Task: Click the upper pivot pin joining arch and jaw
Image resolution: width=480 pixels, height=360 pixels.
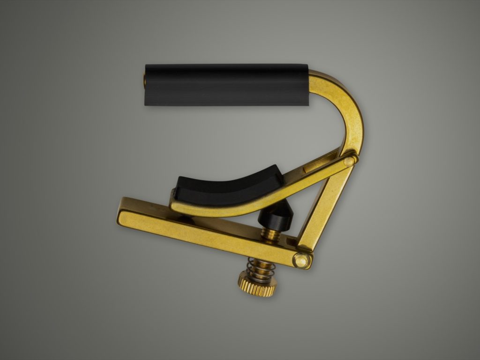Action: [349, 161]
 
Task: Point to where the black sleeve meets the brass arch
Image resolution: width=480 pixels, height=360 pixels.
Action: [309, 84]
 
